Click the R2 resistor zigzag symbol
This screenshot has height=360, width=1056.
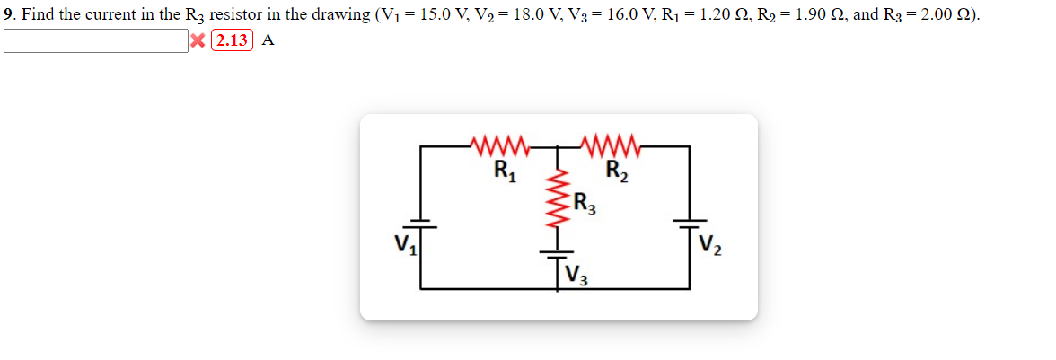(611, 145)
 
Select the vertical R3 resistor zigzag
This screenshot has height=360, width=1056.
(556, 200)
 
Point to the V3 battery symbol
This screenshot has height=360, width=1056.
(556, 252)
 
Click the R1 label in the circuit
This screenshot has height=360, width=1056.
(504, 169)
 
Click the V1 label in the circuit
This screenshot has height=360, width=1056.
(401, 244)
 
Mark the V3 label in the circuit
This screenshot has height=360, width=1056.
(576, 271)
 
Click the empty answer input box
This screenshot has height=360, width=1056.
(95, 41)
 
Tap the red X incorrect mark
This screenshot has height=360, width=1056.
(197, 41)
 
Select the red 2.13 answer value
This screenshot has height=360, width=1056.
(232, 41)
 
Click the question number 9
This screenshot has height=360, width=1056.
(8, 16)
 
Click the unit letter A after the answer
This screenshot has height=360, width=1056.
(268, 41)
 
